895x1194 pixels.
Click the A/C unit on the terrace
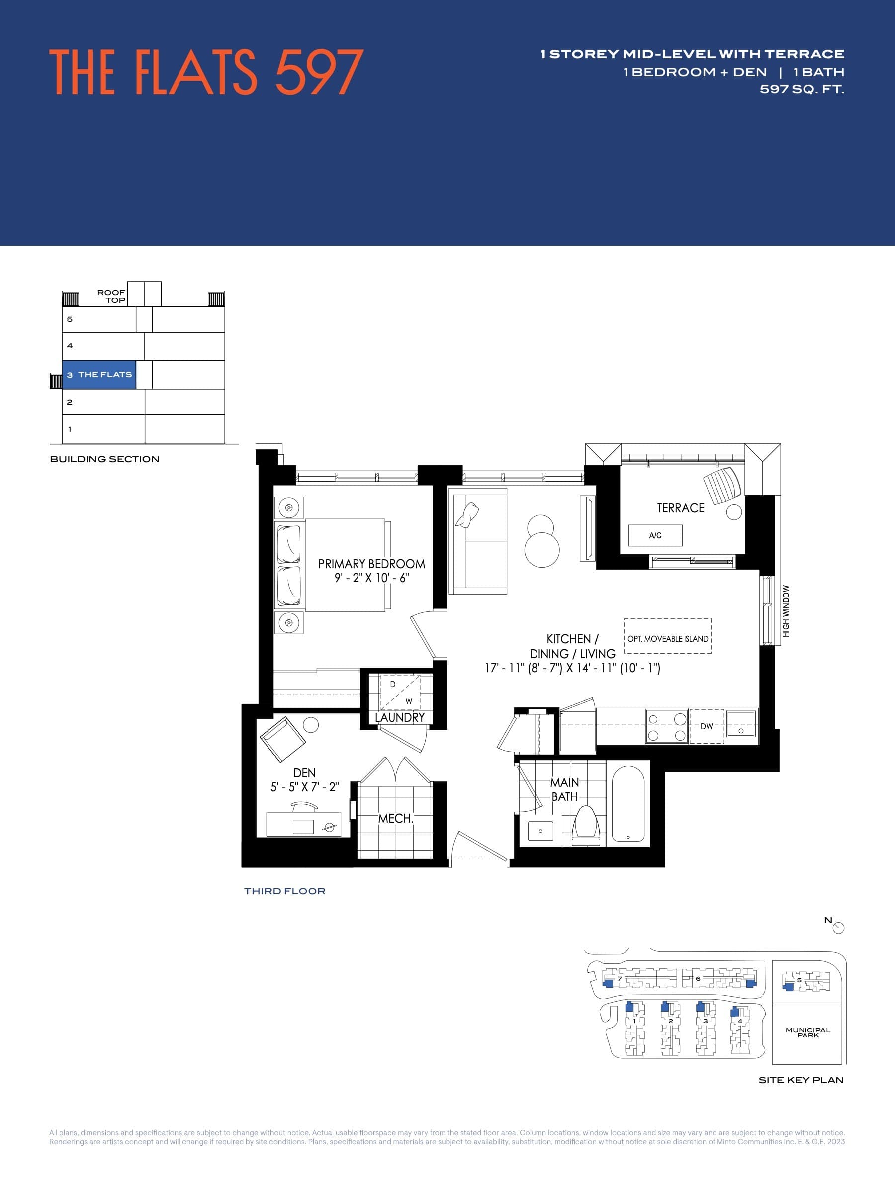pyautogui.click(x=655, y=535)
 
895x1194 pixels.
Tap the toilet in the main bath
pyautogui.click(x=586, y=826)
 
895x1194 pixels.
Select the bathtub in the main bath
pyautogui.click(x=628, y=804)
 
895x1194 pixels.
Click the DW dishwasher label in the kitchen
pyautogui.click(x=706, y=726)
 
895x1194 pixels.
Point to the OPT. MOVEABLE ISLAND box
pyautogui.click(x=667, y=639)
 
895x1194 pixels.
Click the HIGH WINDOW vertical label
pyautogui.click(x=786, y=611)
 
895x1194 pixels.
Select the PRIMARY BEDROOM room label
pyautogui.click(x=371, y=564)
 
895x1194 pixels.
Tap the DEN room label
pyautogui.click(x=304, y=773)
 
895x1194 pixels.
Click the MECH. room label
pyautogui.click(x=395, y=819)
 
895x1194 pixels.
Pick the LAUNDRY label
pyautogui.click(x=400, y=717)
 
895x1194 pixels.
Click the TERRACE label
pyautogui.click(x=680, y=508)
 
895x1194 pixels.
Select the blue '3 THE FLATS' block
pyautogui.click(x=99, y=375)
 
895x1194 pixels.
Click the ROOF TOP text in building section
pyautogui.click(x=111, y=297)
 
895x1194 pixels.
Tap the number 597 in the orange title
pyautogui.click(x=319, y=72)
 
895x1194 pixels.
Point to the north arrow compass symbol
pyautogui.click(x=838, y=928)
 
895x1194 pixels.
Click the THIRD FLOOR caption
pyautogui.click(x=284, y=891)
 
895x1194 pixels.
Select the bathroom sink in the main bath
pyautogui.click(x=540, y=831)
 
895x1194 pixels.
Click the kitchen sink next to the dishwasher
pyautogui.click(x=741, y=724)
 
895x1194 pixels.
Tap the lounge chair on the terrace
pyautogui.click(x=722, y=484)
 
